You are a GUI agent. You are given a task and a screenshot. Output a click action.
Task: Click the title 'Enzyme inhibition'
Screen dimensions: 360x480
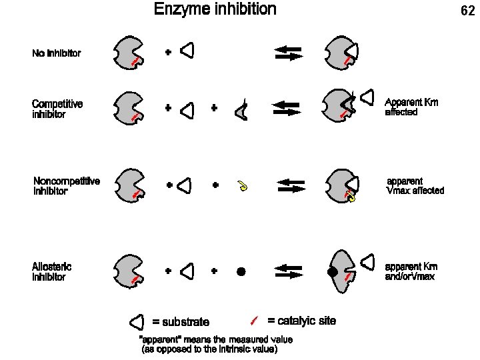click(215, 9)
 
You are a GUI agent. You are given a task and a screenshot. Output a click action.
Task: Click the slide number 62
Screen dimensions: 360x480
click(467, 11)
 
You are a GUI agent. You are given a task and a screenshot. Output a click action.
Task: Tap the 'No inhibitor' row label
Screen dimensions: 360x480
click(57, 53)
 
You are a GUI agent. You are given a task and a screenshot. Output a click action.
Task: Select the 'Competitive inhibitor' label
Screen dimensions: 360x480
click(57, 109)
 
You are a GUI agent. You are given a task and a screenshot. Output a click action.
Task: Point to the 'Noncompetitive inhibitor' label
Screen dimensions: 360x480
click(67, 186)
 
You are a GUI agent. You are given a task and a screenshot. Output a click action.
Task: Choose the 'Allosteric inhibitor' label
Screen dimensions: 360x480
click(52, 272)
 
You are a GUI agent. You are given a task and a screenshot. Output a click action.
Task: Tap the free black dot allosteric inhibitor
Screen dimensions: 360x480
click(241, 272)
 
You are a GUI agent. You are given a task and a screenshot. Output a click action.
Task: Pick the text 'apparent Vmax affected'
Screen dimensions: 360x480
click(415, 186)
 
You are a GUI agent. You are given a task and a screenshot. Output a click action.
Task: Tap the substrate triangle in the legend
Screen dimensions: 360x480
click(137, 323)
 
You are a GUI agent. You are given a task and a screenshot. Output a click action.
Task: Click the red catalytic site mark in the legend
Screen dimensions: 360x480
click(253, 321)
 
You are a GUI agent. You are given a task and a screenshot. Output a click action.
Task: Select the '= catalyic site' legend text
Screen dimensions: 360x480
click(301, 321)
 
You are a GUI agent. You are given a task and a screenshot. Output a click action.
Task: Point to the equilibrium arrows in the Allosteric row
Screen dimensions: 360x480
click(289, 272)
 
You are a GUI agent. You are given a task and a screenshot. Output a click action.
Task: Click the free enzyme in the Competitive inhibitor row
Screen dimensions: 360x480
click(127, 108)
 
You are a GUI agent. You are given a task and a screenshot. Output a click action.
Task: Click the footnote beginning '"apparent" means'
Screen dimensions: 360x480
click(215, 345)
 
